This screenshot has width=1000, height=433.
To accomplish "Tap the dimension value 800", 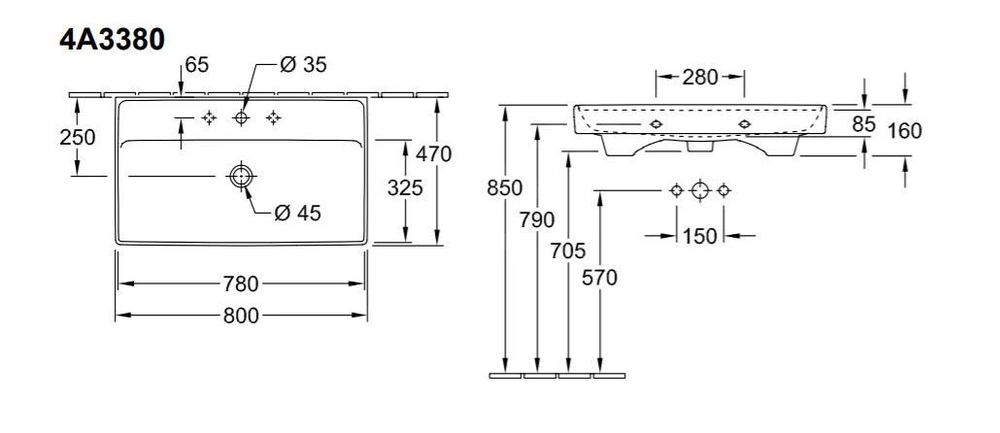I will pyautogui.click(x=241, y=316).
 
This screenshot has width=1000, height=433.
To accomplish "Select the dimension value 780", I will pyautogui.click(x=241, y=283).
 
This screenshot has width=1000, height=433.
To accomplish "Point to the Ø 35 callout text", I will pyautogui.click(x=303, y=65).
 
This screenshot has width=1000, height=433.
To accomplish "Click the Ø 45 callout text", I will pyautogui.click(x=297, y=214).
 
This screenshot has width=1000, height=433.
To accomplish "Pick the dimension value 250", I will pyautogui.click(x=77, y=137).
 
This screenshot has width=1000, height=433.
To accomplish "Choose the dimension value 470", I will pyautogui.click(x=433, y=152).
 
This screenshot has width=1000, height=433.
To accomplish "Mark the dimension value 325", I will pyautogui.click(x=404, y=188).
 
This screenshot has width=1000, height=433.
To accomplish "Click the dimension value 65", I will pyautogui.click(x=197, y=65).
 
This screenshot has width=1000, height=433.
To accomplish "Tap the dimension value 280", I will pyautogui.click(x=699, y=77).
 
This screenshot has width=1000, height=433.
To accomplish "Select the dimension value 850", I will pyautogui.click(x=505, y=188).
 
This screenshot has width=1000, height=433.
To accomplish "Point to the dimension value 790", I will pyautogui.click(x=537, y=219).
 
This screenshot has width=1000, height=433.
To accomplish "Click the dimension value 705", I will pyautogui.click(x=569, y=251).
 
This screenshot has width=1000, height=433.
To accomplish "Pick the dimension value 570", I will pyautogui.click(x=599, y=277).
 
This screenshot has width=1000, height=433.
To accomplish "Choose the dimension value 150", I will pyautogui.click(x=699, y=236).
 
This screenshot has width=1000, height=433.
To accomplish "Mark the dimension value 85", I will pyautogui.click(x=864, y=123).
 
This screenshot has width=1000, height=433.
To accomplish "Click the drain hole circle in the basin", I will pyautogui.click(x=240, y=176).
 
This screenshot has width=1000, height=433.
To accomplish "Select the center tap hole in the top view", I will pyautogui.click(x=241, y=117).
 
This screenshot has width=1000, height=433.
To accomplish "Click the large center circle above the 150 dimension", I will pyautogui.click(x=700, y=189).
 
